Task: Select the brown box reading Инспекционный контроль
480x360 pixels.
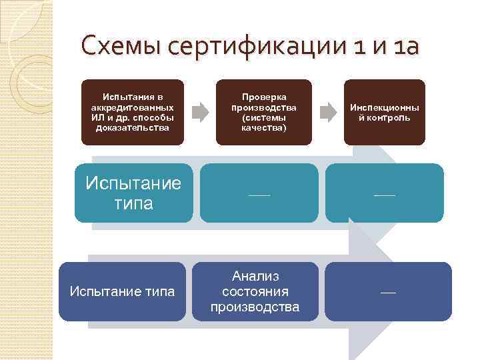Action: (x=384, y=112)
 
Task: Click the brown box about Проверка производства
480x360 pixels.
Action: (x=263, y=112)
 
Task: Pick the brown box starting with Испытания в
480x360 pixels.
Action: (x=132, y=112)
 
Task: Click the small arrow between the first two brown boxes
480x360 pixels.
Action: (x=199, y=111)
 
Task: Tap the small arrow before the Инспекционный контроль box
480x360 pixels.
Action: (x=327, y=111)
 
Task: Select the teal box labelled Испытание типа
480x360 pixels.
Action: (x=133, y=193)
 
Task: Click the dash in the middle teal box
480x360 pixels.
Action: (x=259, y=195)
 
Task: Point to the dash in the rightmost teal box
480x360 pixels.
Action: (x=385, y=195)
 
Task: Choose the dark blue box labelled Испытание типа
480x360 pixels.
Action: (x=123, y=291)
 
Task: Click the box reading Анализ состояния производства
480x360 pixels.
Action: (x=255, y=291)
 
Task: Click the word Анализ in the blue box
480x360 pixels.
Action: (x=255, y=276)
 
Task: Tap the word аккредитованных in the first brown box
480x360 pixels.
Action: (x=132, y=107)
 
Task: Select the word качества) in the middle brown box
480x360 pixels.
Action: (x=264, y=127)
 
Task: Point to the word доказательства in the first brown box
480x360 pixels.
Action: (x=132, y=127)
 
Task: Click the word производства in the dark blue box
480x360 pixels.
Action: (x=255, y=307)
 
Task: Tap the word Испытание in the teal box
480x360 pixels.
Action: (x=133, y=183)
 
